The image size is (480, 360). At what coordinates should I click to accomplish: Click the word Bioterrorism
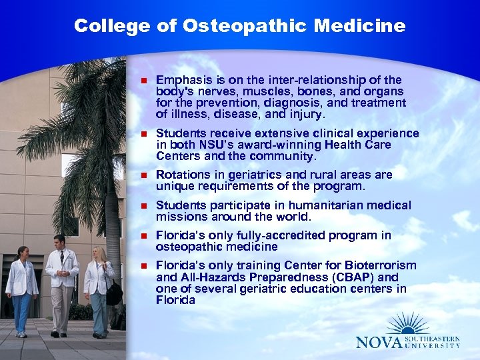pos(379,266)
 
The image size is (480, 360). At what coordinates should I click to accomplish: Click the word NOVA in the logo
pos(381,342)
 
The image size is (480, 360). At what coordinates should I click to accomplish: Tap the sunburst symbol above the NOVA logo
pos(408,323)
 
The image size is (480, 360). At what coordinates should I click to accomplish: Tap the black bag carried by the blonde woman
pos(114,293)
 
